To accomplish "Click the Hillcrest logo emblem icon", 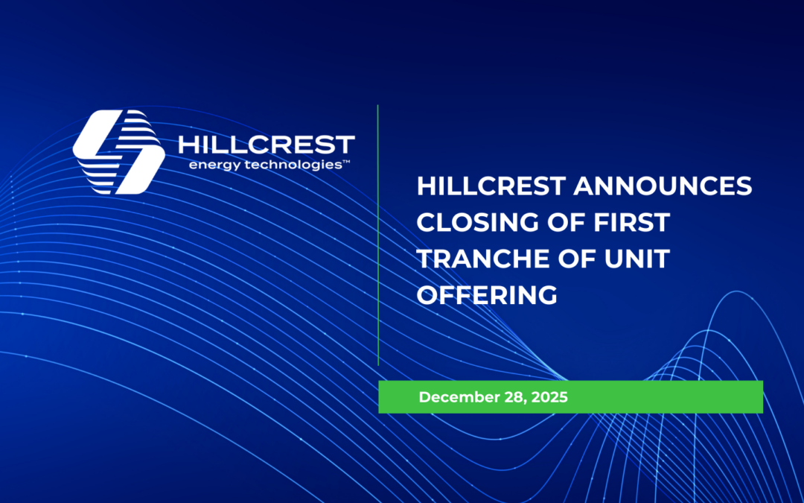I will click(118, 152).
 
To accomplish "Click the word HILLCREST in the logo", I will click(267, 145).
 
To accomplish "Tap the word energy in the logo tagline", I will click(211, 165).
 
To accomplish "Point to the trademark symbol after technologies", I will click(345, 161).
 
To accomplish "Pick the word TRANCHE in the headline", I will click(480, 259).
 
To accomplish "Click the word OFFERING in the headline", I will click(487, 294).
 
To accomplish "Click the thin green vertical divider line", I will click(378, 235).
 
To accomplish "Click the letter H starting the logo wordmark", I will click(188, 145).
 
